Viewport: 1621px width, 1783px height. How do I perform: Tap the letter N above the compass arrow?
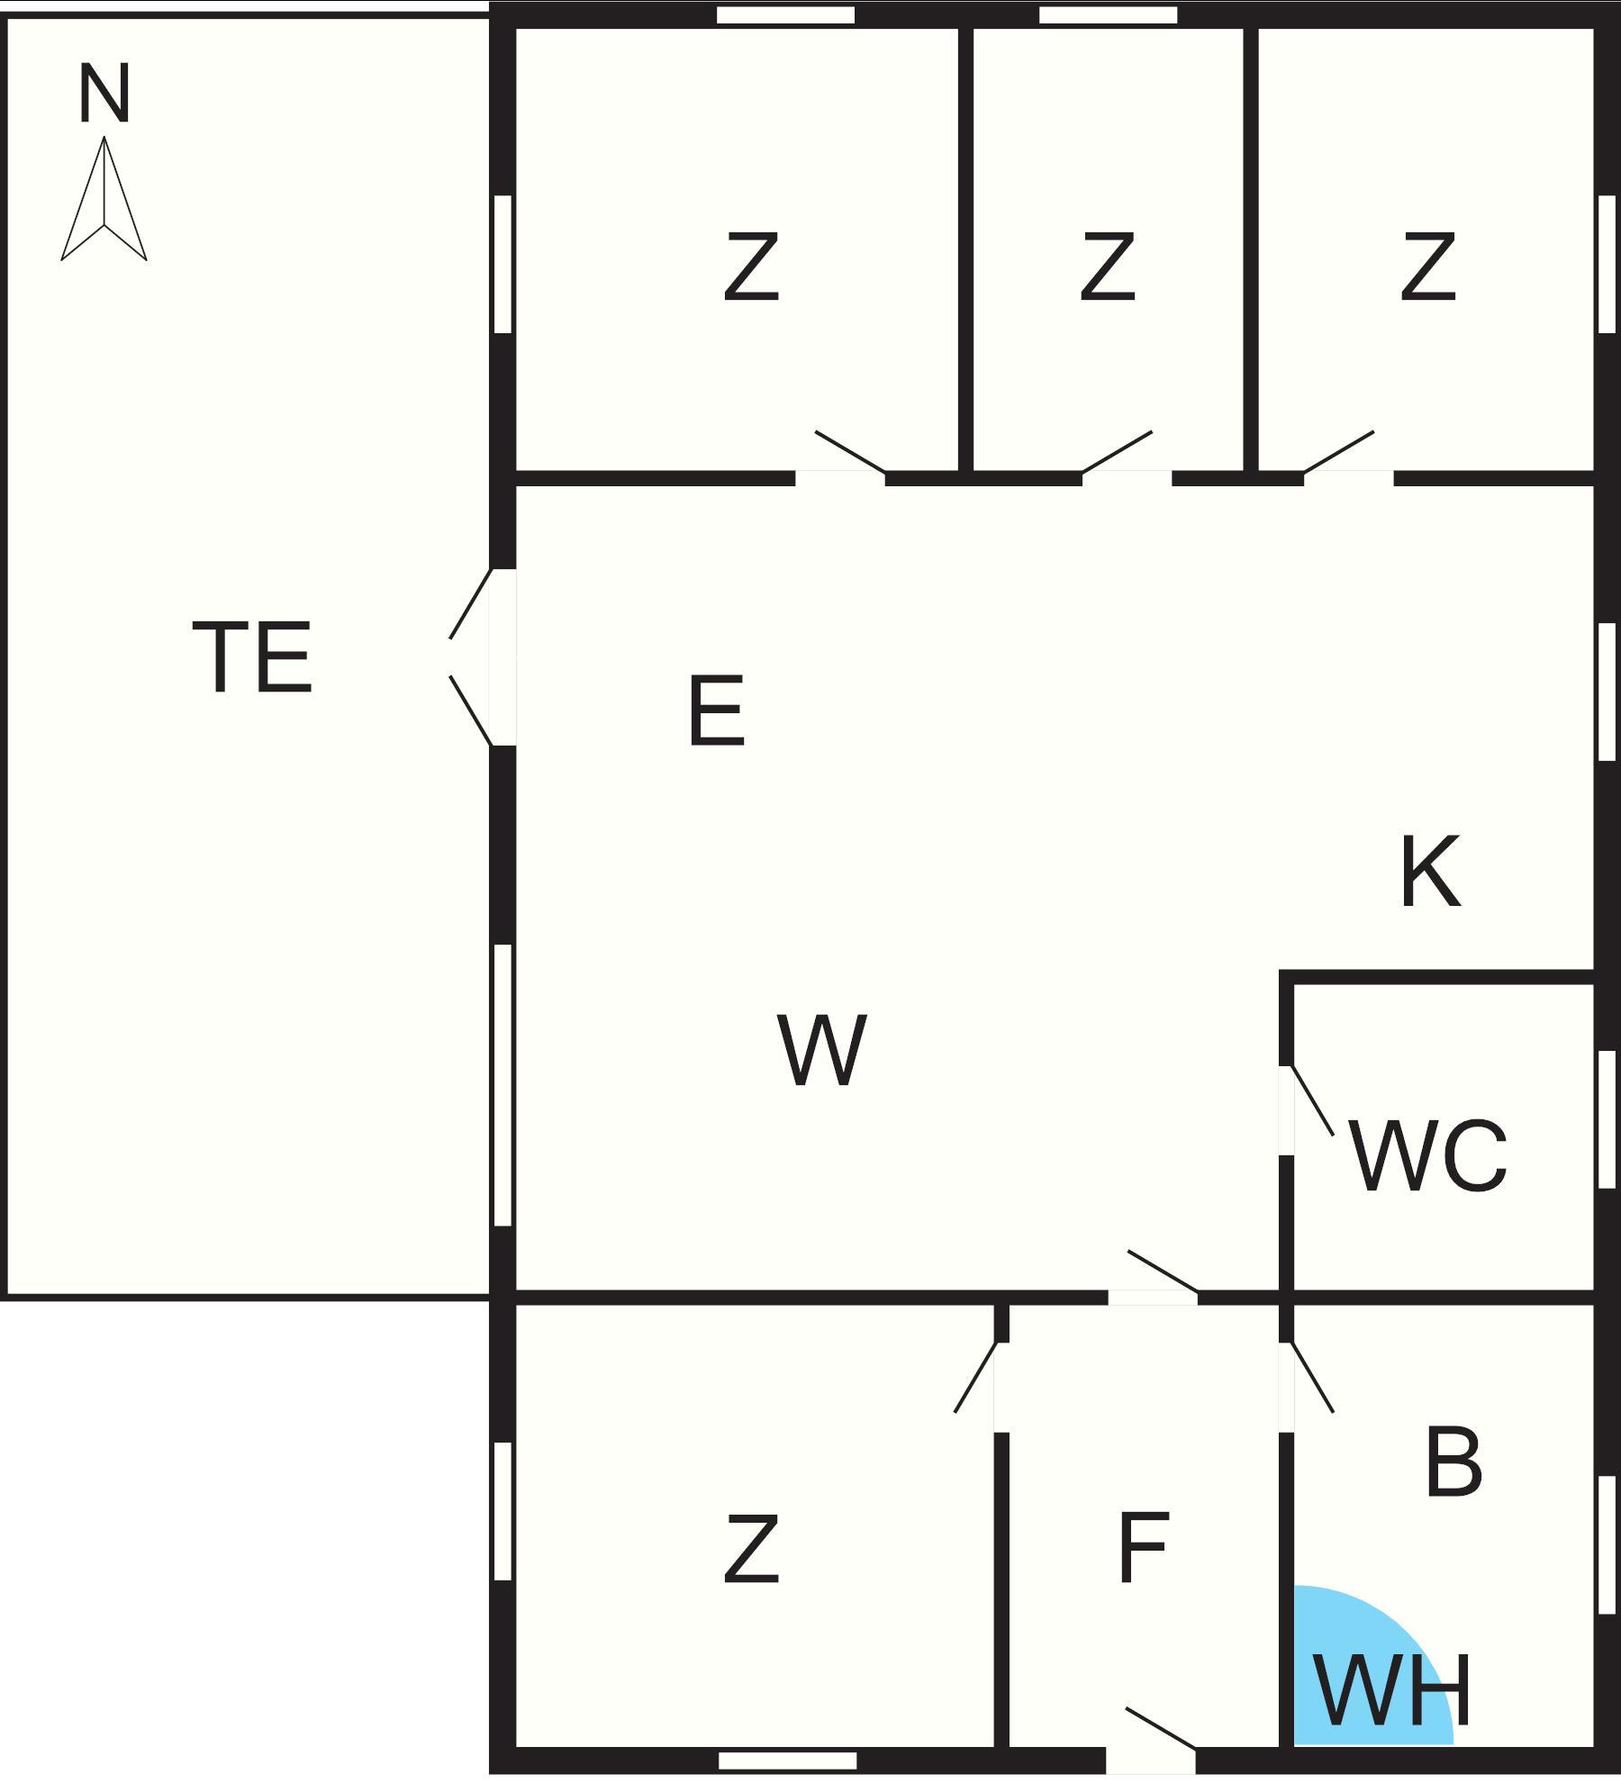pos(104,94)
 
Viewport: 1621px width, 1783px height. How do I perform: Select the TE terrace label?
pos(253,657)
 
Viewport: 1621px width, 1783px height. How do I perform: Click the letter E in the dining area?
pos(717,712)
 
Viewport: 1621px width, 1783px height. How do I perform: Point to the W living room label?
pos(821,1050)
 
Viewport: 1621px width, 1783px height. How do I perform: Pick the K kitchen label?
pos(1430,872)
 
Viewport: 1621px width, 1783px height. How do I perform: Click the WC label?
pos(1428,1157)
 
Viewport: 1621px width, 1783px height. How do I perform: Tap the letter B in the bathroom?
pos(1453,1462)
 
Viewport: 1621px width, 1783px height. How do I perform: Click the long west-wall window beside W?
pos(503,1085)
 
